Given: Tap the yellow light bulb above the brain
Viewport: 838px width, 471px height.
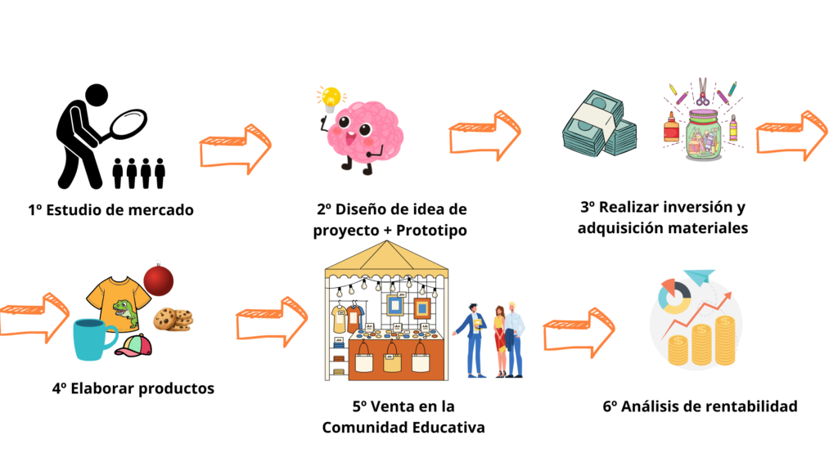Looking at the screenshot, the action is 331,99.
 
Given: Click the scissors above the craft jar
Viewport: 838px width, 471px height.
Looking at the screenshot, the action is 702,92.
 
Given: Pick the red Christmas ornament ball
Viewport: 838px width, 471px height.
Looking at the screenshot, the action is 158,280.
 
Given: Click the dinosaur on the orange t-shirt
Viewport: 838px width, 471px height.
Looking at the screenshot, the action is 125,314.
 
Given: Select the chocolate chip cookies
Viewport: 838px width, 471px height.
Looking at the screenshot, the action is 173,320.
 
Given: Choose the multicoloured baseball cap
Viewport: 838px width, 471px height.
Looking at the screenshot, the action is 133,345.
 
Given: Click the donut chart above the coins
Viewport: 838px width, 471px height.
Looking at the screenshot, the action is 674,295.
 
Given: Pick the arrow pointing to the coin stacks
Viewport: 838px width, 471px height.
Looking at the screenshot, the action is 579,333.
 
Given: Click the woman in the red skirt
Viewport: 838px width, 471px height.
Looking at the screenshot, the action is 500,341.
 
